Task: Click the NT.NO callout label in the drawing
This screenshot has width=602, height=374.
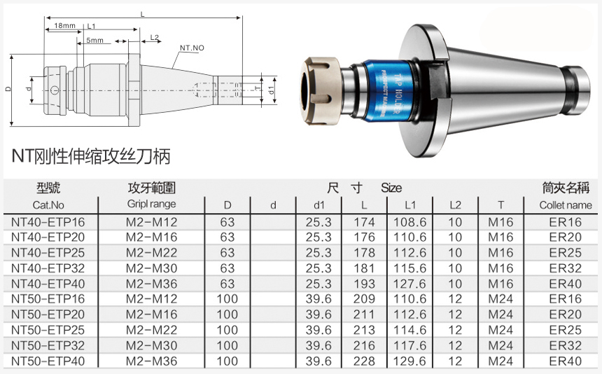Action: click(x=192, y=48)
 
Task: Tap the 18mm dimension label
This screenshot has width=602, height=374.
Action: click(x=64, y=26)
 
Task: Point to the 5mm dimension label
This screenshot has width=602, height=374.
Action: click(x=94, y=41)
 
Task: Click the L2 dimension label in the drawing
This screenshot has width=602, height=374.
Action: click(x=154, y=37)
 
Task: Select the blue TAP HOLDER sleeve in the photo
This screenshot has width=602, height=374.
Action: click(x=388, y=90)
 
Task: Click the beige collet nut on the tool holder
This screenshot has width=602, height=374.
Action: click(x=321, y=91)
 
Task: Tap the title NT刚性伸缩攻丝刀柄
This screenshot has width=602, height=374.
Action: click(x=90, y=156)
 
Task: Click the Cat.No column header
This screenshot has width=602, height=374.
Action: click(x=48, y=205)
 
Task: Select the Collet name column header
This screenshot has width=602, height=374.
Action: click(x=566, y=205)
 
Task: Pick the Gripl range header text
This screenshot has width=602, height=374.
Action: click(x=152, y=204)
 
